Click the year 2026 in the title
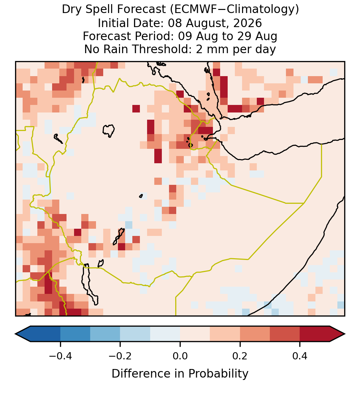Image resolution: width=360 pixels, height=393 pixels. [248, 23]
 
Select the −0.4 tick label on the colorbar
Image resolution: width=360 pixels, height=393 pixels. [60, 356]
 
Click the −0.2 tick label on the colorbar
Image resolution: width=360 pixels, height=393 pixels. [120, 356]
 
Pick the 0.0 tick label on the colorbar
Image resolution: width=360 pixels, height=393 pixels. [180, 356]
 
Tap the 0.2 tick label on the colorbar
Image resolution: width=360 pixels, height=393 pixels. [240, 356]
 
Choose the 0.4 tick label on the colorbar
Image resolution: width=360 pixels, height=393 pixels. [300, 356]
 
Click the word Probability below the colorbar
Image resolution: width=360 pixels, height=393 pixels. [218, 374]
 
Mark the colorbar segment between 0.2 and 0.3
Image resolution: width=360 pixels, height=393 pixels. [255, 334]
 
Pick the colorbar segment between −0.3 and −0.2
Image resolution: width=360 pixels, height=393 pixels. [105, 334]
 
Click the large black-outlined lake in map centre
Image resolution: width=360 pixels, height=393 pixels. [108, 131]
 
